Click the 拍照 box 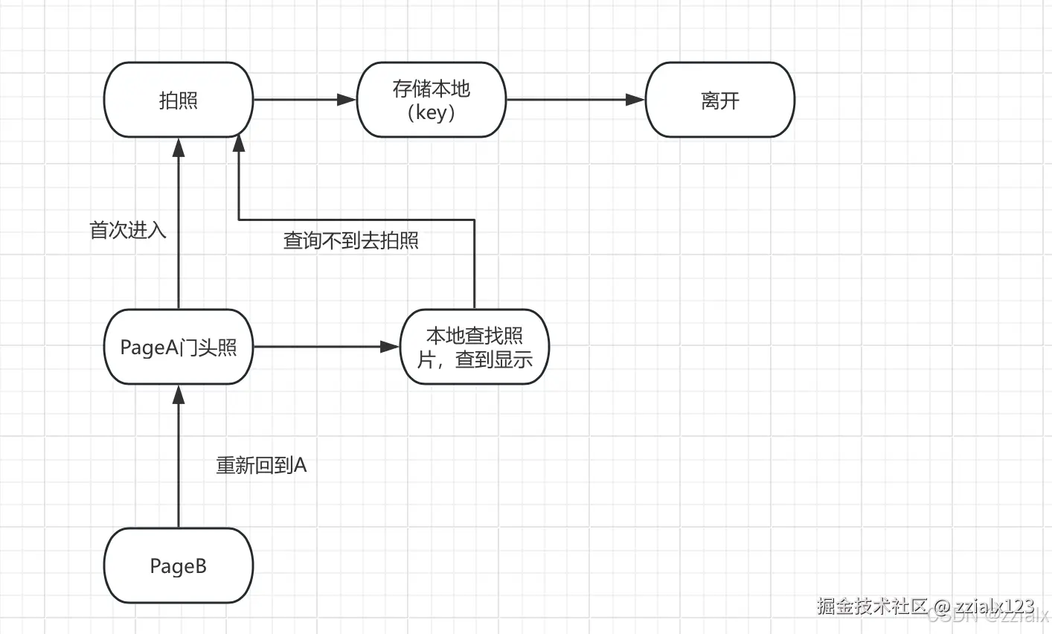point(179,100)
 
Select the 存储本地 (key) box point(432,100)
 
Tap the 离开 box point(720,100)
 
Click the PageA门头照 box point(179,347)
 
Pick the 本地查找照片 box point(475,347)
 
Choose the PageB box point(179,566)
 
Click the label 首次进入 point(128,230)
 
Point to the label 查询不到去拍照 point(351,240)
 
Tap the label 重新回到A point(261,465)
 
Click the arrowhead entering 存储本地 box point(347,100)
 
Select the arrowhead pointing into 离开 point(635,100)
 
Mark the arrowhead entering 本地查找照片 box point(391,347)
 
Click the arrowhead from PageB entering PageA point(179,394)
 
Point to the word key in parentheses point(432,112)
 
